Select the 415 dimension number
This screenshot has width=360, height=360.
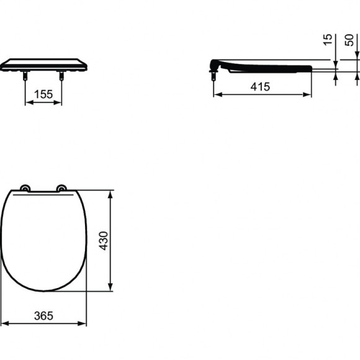pyautogui.click(x=260, y=88)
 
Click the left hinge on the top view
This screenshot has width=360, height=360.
pyautogui.click(x=25, y=188)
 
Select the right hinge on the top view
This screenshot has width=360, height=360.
pyautogui.click(x=62, y=188)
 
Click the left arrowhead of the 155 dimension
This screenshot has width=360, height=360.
pyautogui.click(x=27, y=102)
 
